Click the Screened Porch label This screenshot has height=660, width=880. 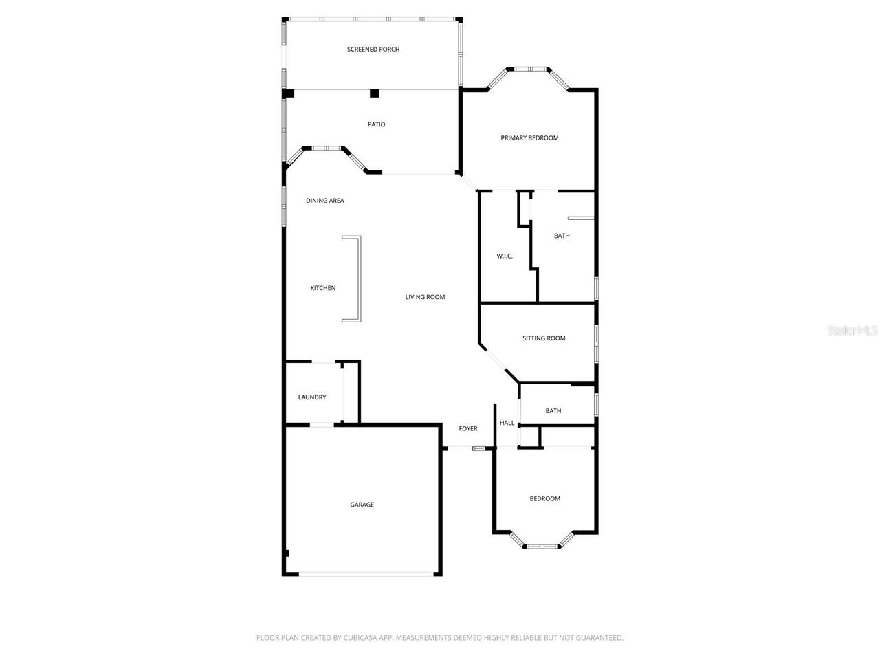tap(373, 49)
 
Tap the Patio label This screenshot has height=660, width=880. tap(376, 124)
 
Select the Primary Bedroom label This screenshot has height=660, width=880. tap(529, 138)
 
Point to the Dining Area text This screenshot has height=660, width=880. tap(325, 201)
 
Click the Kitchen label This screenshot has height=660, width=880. tap(323, 288)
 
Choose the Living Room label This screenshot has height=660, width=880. tap(425, 297)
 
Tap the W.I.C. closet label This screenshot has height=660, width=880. tap(505, 256)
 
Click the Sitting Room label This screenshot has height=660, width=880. tap(544, 338)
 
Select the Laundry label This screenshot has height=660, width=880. tap(312, 397)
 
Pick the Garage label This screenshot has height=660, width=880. tap(362, 505)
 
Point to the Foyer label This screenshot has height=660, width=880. tap(468, 428)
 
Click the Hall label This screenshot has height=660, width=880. tap(507, 423)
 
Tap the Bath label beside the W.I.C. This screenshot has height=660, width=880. tap(562, 236)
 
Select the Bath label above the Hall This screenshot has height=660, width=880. tap(553, 411)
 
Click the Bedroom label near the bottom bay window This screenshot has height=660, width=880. tap(544, 498)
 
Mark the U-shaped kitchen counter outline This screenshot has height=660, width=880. tap(357, 278)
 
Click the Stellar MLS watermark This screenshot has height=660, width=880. tap(852, 331)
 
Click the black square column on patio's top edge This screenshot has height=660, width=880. tap(374, 93)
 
